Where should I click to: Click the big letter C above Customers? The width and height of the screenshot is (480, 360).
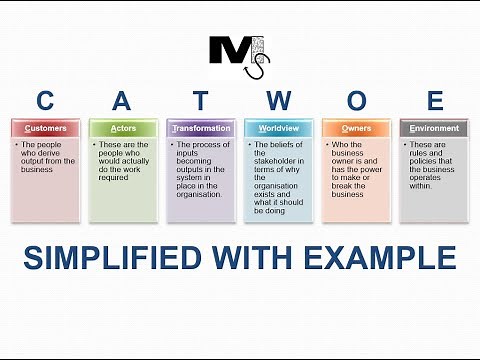point(45,100)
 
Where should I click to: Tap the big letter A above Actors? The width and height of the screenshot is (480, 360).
point(121,100)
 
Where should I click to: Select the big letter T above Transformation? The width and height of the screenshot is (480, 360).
point(200,100)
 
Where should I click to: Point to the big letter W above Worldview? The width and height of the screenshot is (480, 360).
point(279,100)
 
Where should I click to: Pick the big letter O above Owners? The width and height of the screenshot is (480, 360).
point(357,100)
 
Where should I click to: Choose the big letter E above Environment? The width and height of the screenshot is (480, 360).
point(434,100)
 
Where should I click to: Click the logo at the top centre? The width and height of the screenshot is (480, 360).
point(238,55)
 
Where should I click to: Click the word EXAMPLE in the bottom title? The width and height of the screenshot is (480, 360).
point(384,257)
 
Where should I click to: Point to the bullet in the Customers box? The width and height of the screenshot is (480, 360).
point(17,145)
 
